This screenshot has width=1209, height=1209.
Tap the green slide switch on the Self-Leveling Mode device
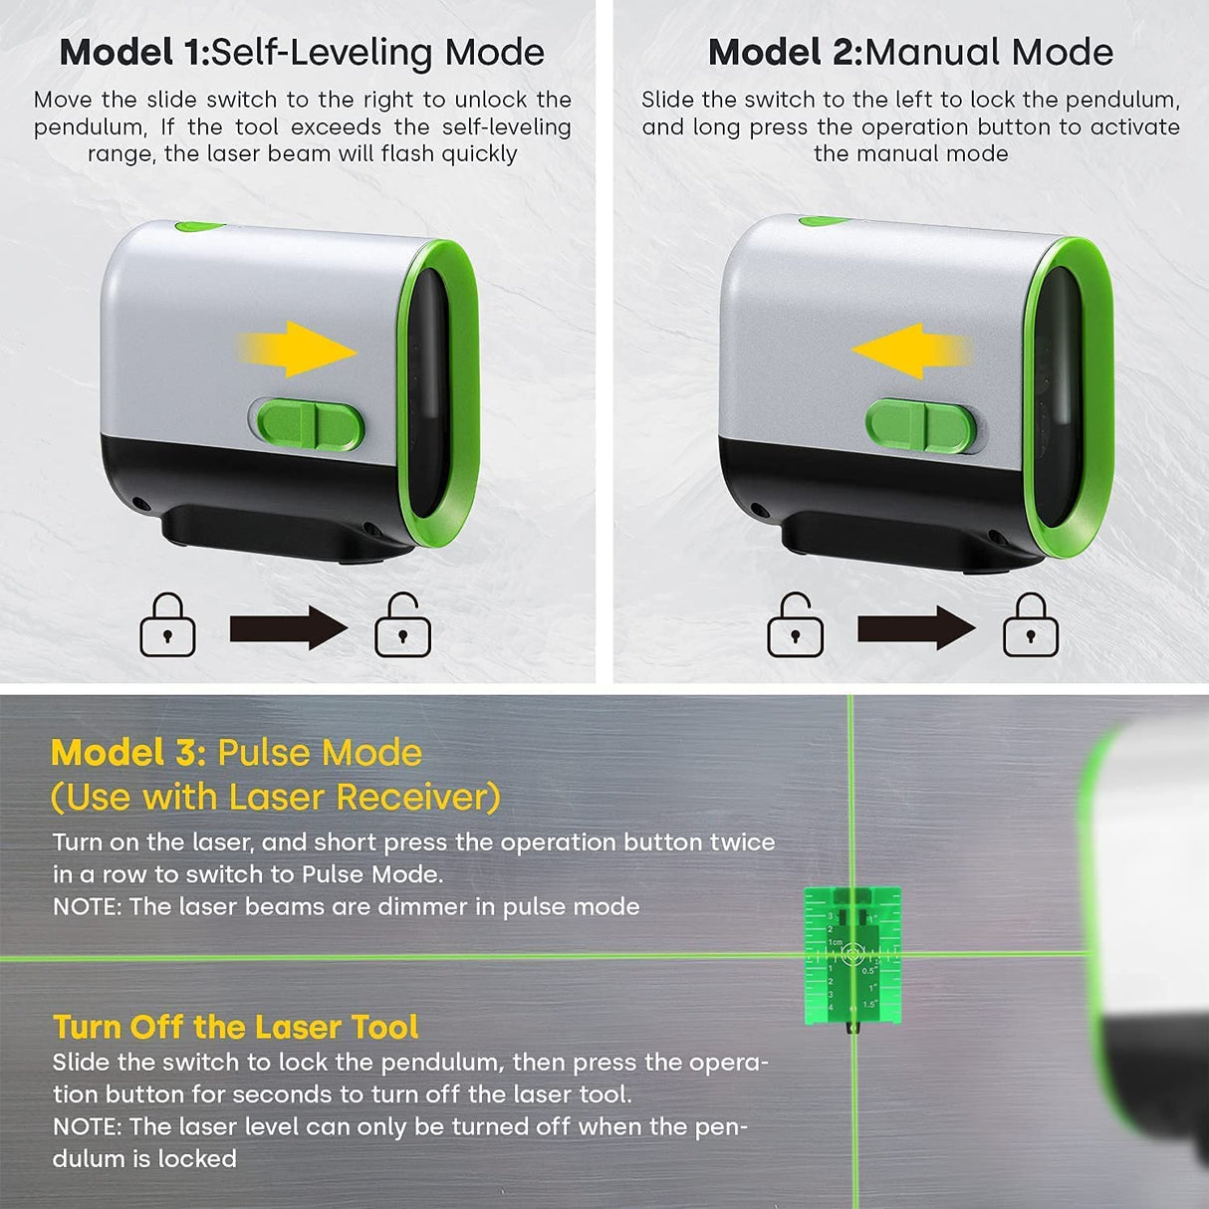[x=306, y=425]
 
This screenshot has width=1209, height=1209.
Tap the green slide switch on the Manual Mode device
[x=921, y=427]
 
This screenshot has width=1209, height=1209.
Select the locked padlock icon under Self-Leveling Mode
[x=167, y=626]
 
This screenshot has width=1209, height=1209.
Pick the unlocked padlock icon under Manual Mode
[x=795, y=626]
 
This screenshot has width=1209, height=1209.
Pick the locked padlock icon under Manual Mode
[x=1030, y=626]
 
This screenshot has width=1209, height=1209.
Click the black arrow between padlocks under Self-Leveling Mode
[x=288, y=628]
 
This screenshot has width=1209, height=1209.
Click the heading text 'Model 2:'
[x=785, y=53]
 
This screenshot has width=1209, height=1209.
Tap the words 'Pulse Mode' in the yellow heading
[x=320, y=753]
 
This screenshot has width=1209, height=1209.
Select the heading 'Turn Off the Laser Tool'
[x=236, y=1027]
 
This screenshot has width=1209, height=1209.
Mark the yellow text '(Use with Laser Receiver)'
[x=275, y=797]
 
